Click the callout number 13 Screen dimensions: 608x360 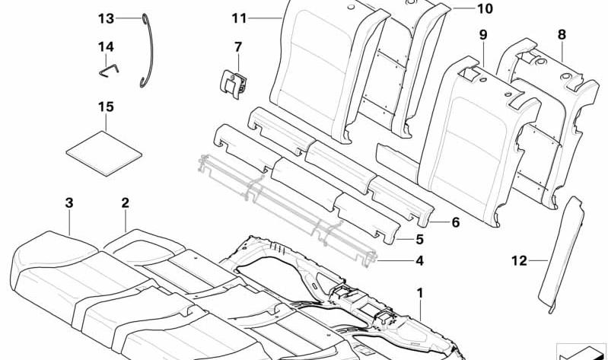tap(107, 18)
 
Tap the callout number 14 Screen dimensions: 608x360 tap(106, 47)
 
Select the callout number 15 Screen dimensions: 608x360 tap(106, 107)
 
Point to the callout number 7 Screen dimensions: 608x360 tap(238, 47)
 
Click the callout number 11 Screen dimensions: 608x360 tap(239, 18)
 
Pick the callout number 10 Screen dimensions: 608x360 tap(485, 8)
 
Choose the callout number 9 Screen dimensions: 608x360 tap(482, 35)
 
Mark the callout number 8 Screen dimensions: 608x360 tap(562, 34)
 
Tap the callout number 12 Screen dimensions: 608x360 tap(519, 261)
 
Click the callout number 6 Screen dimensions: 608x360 tap(455, 222)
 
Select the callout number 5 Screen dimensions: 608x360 tap(419, 239)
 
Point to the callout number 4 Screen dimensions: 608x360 tap(419, 261)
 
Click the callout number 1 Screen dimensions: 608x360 tap(419, 293)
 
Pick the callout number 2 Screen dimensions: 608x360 tap(125, 203)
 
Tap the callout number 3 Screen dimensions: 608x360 tap(69, 203)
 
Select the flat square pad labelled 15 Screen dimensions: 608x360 tap(104, 154)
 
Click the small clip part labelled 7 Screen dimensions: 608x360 tap(233, 82)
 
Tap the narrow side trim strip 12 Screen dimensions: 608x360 tap(560, 254)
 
